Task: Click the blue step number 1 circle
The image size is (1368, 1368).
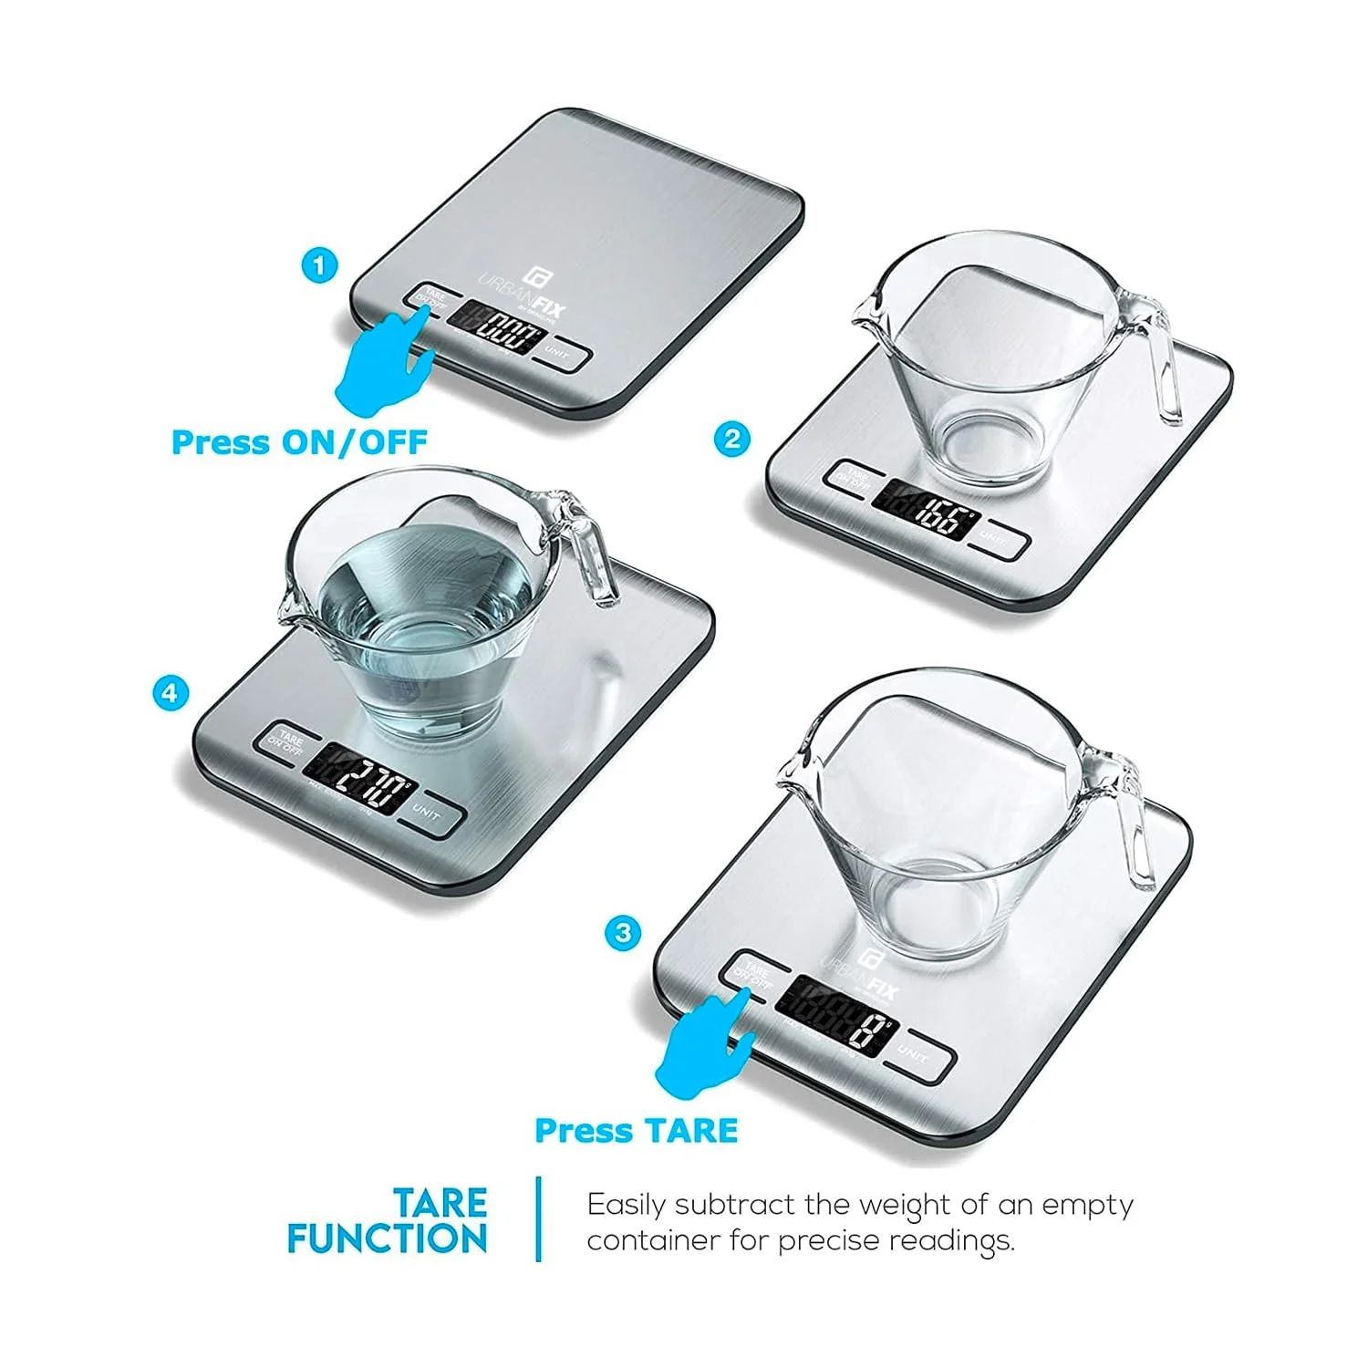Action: tap(319, 266)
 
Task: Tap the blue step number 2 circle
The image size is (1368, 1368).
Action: tap(731, 440)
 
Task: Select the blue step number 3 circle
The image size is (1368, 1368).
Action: tap(624, 933)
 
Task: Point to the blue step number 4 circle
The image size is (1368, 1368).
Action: tap(170, 692)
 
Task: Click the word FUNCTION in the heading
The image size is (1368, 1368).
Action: tap(388, 1238)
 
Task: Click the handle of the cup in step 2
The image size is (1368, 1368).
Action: tap(1162, 365)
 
